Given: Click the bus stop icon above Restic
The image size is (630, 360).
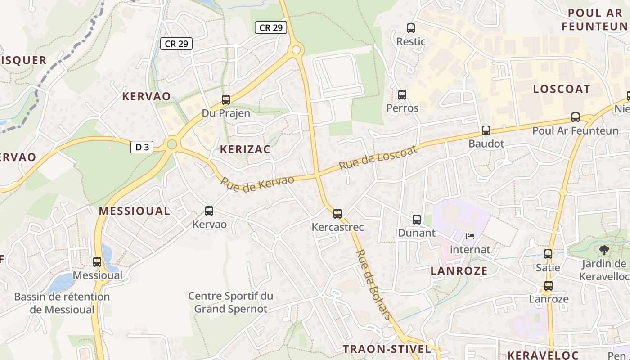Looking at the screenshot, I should [411, 28].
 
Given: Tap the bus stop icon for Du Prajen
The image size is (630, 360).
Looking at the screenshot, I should [226, 100].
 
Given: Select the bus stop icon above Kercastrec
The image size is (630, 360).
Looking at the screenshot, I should [337, 214].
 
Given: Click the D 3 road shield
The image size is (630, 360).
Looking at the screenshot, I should [142, 147].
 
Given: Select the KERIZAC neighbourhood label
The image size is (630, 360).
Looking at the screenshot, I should [245, 150].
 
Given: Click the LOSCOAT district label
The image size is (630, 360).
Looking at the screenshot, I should [561, 89].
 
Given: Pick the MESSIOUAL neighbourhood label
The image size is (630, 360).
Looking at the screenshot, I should [134, 211].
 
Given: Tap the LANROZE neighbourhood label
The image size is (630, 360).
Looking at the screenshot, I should [459, 270].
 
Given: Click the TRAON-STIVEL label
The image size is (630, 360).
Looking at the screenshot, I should [387, 349].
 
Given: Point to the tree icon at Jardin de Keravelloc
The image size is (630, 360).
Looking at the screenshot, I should [604, 250].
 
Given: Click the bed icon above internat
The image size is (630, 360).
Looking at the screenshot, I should [470, 236].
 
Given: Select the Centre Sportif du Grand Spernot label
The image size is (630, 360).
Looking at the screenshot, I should [230, 302].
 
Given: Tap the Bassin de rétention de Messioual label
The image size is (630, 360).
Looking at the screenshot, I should [62, 303].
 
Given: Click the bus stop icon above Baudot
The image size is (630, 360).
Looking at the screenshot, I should [486, 130].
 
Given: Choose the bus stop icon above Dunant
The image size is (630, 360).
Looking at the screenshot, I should [417, 220].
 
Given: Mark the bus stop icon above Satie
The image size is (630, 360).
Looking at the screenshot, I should [548, 254].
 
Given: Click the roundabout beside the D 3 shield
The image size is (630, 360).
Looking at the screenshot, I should [171, 144].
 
